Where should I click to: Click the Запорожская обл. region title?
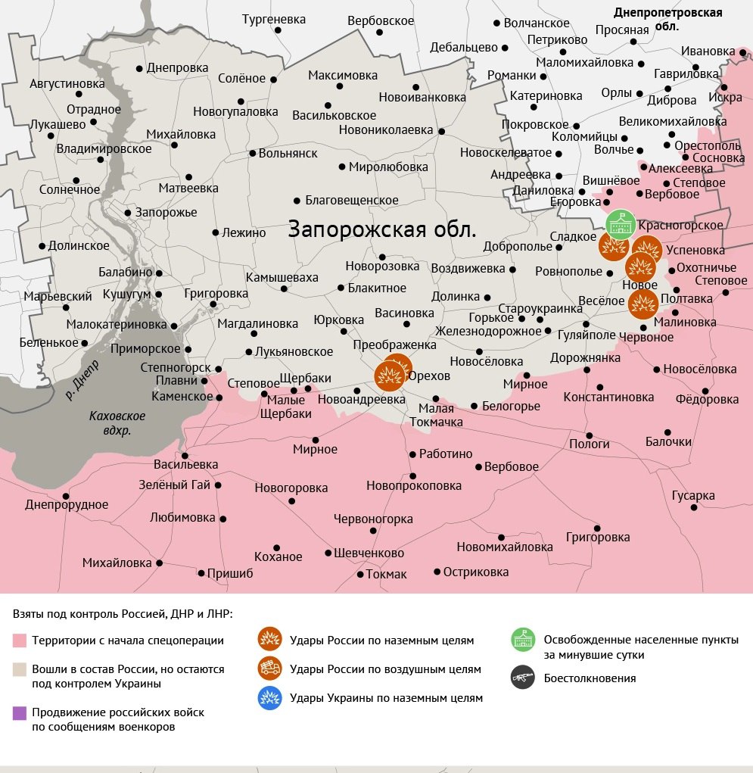(x=382, y=229)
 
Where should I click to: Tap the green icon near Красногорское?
(x=621, y=224)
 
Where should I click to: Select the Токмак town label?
(x=386, y=575)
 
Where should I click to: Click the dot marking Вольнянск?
(x=253, y=153)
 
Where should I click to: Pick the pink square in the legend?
(x=20, y=641)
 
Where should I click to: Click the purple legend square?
(x=20, y=712)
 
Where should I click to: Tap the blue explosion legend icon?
(x=269, y=698)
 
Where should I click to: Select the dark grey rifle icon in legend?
(x=522, y=678)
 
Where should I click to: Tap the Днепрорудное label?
(x=67, y=505)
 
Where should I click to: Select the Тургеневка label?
(x=274, y=19)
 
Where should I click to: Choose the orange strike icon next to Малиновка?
(x=643, y=304)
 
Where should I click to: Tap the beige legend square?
(x=20, y=669)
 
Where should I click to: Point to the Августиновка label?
(x=67, y=83)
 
